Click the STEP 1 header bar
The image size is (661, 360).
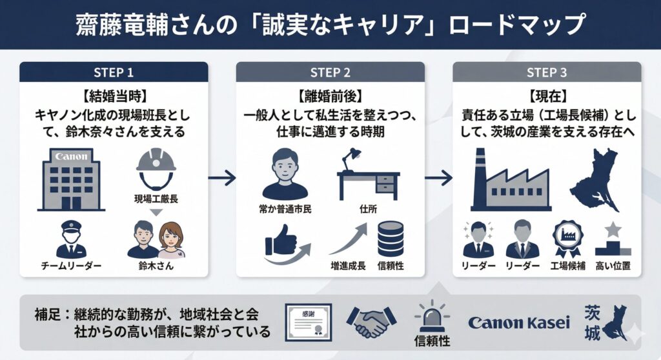point(114,72)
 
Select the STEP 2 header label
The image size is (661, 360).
point(330,72)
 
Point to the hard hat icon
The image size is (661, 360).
point(156,166)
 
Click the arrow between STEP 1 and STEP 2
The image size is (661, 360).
point(221,177)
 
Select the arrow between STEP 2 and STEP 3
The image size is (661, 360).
point(438,177)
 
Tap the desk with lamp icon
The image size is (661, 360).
point(368,173)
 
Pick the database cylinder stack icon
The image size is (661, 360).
point(391,239)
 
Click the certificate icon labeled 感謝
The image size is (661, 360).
point(307,321)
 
